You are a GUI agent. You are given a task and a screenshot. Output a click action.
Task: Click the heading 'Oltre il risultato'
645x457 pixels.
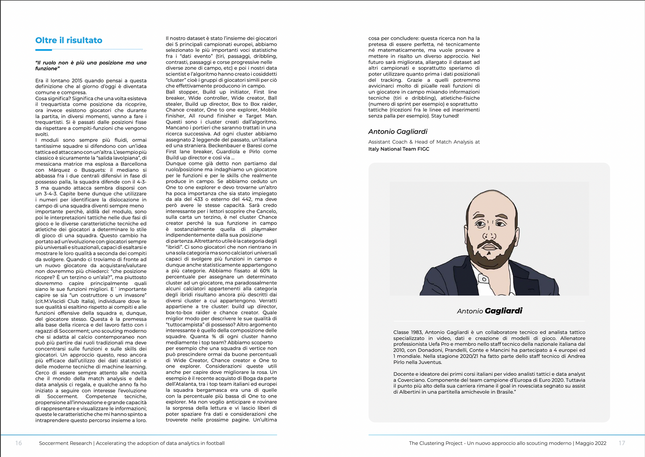pos(69,40)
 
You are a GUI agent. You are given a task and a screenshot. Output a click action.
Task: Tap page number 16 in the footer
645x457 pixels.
pos(18,443)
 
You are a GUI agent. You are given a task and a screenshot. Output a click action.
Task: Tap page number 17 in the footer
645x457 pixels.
pos(622,443)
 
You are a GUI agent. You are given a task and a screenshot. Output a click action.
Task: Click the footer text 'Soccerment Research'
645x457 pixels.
pos(65,443)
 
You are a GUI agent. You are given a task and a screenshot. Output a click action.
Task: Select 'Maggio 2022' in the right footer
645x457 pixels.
pos(591,443)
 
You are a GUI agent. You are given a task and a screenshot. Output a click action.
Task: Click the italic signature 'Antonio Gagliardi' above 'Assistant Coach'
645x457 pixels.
pos(398,131)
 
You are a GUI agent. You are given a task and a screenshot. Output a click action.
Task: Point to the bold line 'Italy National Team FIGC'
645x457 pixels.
pos(399,149)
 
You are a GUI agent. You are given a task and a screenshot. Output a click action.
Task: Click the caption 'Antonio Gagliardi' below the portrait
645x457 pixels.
pos(489,311)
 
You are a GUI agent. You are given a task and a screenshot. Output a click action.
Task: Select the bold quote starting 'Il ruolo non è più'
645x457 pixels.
pos(91,65)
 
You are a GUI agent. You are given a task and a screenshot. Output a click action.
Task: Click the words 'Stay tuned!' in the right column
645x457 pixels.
pos(445,116)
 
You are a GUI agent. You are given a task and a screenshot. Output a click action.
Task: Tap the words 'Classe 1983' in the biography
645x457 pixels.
pos(408,332)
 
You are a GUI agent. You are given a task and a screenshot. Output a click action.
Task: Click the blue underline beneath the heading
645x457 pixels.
pos(89,49)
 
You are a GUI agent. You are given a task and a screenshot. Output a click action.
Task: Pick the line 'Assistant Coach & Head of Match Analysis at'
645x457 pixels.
pos(424,142)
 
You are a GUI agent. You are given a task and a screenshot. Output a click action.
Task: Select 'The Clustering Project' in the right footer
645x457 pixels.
pos(436,443)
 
